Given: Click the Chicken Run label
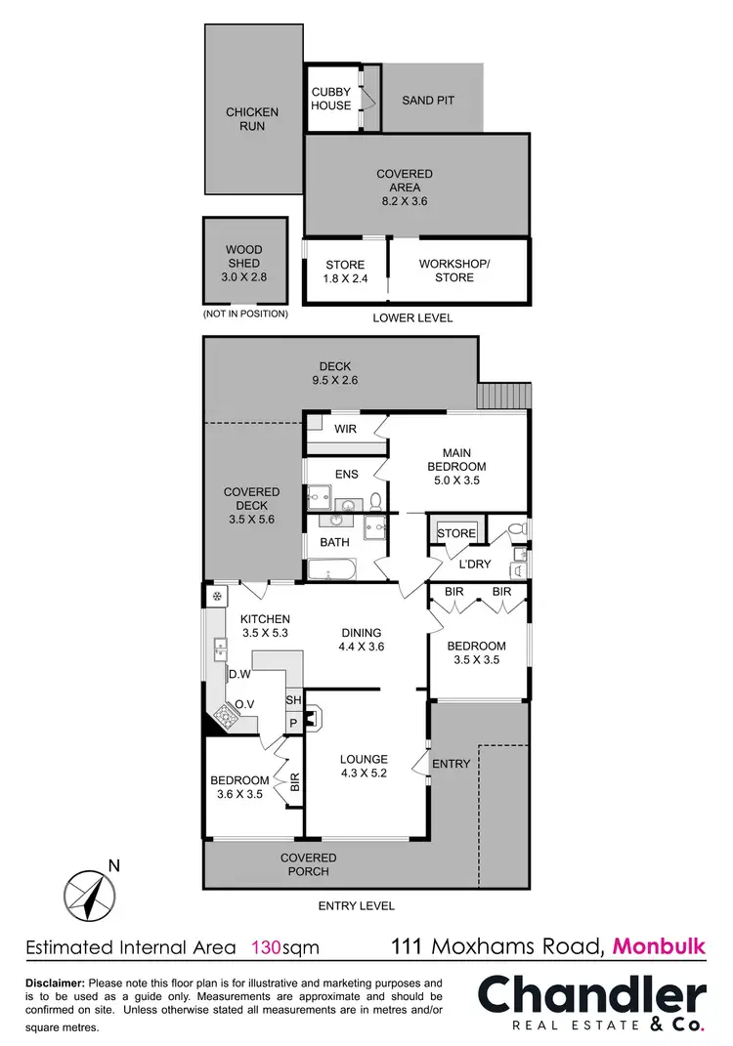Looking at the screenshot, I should click(252, 119).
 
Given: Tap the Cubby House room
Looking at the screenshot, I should click(331, 99).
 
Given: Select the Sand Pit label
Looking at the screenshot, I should click(428, 101).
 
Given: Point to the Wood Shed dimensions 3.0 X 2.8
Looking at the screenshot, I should click(244, 277).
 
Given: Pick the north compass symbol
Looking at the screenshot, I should click(88, 893).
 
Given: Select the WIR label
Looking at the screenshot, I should click(345, 429).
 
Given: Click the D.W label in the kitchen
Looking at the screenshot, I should click(240, 674).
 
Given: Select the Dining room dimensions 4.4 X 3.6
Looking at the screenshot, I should click(361, 647).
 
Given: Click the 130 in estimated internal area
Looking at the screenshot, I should click(266, 946).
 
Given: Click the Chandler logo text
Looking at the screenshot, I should click(590, 997).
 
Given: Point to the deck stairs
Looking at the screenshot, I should click(502, 396).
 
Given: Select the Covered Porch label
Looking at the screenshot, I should click(309, 864).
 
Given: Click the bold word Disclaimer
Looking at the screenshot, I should click(54, 983).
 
